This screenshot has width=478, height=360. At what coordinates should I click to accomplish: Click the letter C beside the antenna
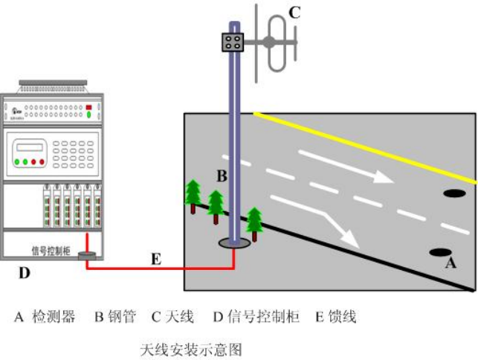[294, 12]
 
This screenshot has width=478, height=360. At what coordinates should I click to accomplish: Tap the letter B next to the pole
[221, 176]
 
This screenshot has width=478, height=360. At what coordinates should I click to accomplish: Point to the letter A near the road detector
[449, 263]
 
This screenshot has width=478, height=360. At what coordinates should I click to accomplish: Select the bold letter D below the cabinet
[25, 273]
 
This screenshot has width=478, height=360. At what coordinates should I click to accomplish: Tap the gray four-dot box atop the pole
[233, 42]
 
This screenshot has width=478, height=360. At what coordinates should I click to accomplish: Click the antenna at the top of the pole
[274, 43]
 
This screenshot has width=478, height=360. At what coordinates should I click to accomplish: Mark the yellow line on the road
[364, 146]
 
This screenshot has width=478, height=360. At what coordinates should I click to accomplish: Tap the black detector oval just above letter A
[440, 251]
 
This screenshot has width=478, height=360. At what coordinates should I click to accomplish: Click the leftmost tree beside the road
[193, 195]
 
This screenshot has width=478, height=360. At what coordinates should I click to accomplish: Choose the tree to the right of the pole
[255, 222]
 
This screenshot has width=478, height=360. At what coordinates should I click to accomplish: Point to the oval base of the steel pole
[235, 242]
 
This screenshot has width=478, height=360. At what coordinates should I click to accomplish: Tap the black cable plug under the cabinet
[88, 256]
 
